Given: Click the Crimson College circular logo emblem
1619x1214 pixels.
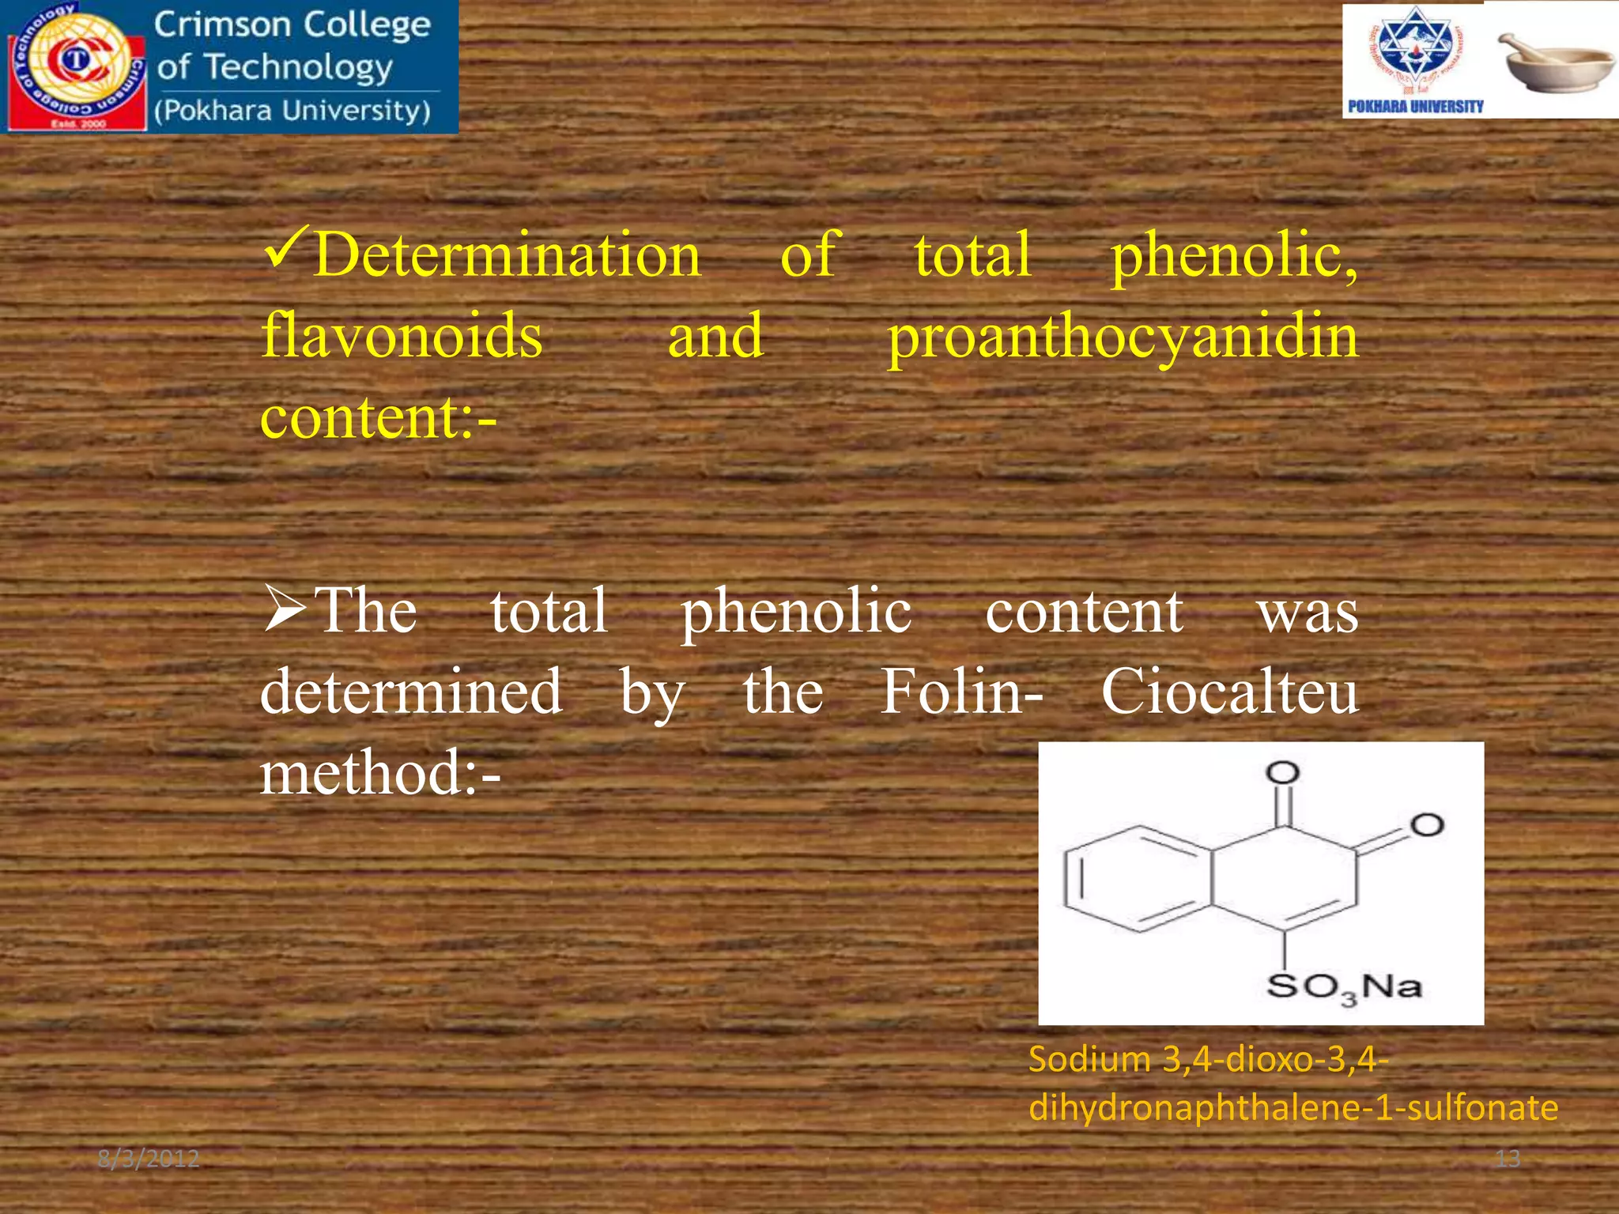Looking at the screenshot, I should point(76,65).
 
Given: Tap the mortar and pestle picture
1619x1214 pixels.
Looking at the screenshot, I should point(1554,63).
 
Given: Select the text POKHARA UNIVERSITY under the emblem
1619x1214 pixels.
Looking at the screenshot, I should point(1415,106).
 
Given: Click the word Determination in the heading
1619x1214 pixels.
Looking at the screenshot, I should point(507,254).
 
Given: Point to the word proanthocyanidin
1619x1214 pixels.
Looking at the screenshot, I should point(1123,337).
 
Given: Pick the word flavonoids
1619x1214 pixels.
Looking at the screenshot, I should point(402,335).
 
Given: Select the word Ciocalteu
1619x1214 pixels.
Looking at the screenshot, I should point(1229,692).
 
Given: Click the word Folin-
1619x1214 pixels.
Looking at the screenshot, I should point(961,692).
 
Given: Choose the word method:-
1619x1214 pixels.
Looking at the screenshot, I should point(380,773).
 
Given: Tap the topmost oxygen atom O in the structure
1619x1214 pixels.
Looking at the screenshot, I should point(1282,772).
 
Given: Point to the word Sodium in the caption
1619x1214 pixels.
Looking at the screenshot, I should point(1089,1059).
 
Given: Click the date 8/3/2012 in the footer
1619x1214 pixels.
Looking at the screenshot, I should point(148,1159).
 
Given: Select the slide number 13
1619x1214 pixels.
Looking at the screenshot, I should point(1508,1159).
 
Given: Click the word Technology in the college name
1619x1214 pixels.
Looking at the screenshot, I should point(298,68).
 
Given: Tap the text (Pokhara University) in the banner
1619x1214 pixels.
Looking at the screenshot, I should point(292,111).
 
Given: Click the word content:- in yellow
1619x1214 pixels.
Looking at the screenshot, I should point(379,417).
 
